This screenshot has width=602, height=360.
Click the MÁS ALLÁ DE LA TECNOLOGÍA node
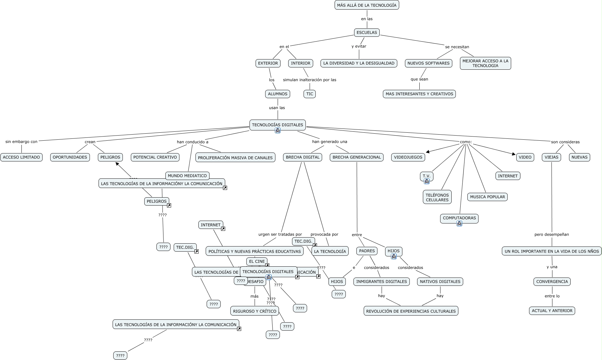click(367, 5)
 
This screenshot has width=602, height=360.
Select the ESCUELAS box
click(367, 32)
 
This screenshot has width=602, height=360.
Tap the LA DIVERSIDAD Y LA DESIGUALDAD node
click(359, 63)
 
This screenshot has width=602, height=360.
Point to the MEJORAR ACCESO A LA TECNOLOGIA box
click(485, 63)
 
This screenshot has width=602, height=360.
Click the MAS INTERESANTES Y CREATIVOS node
click(419, 94)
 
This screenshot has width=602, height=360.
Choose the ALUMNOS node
click(278, 94)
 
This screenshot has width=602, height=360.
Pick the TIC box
click(310, 94)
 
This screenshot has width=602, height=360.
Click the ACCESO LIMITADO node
click(21, 157)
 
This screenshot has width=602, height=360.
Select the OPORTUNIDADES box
click(70, 157)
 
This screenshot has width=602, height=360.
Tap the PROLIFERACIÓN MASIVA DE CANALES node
click(235, 158)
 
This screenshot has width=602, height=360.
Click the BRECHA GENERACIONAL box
click(356, 157)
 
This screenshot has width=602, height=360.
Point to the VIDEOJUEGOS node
click(408, 157)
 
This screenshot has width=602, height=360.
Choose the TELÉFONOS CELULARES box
click(437, 197)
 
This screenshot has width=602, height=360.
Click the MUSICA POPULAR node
click(487, 197)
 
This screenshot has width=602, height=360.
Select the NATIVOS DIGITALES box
click(440, 282)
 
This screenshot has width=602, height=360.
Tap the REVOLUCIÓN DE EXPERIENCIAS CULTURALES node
click(411, 311)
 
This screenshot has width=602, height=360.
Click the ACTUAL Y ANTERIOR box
click(552, 311)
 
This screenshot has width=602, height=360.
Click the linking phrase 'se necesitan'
click(457, 47)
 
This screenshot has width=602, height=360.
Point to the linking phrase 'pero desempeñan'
click(551, 234)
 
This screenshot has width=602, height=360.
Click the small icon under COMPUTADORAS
click(459, 223)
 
